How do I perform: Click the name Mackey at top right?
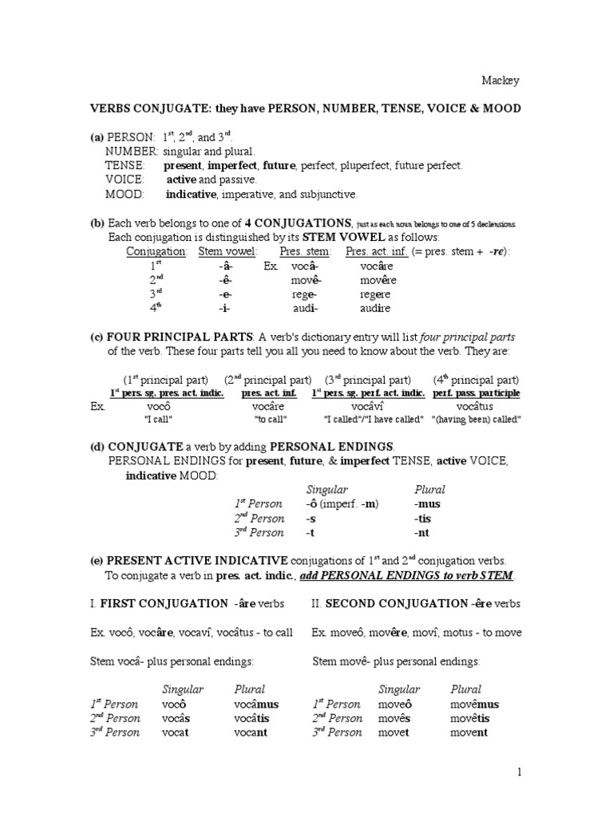tap(500, 80)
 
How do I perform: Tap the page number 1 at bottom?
tap(519, 772)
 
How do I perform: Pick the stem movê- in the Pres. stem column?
tap(305, 280)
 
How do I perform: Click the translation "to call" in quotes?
tap(270, 419)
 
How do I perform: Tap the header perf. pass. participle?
tap(477, 393)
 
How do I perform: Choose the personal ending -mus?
tap(427, 503)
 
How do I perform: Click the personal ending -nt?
tap(421, 532)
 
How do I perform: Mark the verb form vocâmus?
tap(256, 704)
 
